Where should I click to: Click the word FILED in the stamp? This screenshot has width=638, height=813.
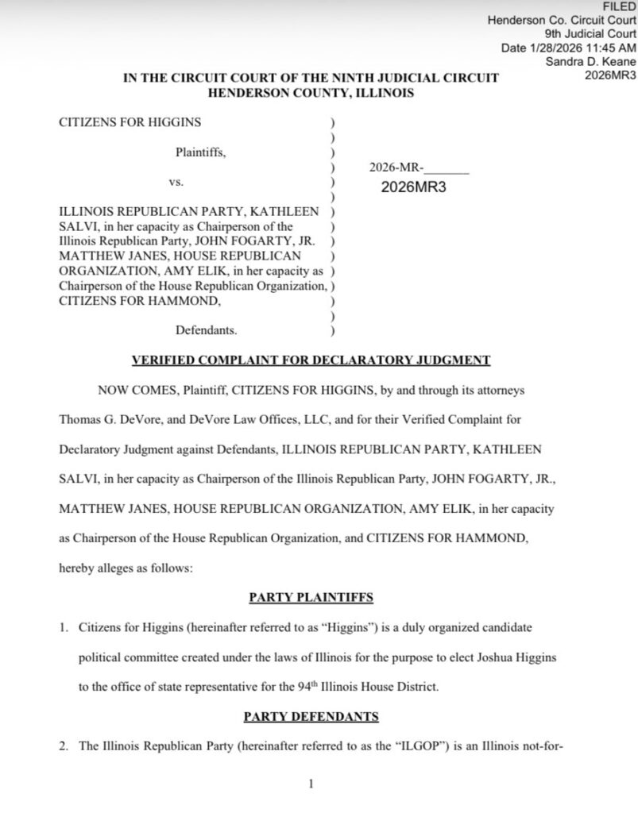click(621, 6)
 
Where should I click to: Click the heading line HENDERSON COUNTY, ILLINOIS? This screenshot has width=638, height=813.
click(311, 92)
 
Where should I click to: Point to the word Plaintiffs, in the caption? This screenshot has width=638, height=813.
click(201, 152)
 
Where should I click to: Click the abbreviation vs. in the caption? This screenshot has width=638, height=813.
click(176, 182)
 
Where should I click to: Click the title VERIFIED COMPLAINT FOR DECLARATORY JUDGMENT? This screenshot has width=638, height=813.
click(311, 360)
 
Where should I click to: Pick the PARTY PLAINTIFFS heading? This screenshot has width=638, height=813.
click(311, 595)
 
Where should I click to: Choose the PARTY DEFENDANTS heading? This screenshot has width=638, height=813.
click(311, 716)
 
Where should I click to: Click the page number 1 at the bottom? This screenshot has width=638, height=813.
click(311, 784)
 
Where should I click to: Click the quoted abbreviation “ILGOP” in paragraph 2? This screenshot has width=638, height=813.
click(416, 746)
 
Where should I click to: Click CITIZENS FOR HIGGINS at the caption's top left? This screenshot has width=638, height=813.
click(130, 122)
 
